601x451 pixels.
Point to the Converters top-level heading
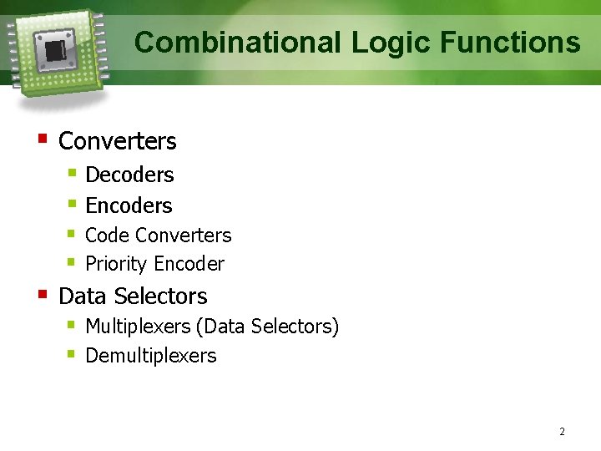pos(118,142)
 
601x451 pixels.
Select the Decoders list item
pos(129,175)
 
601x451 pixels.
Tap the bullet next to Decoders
pos(72,173)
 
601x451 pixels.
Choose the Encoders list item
pos(129,205)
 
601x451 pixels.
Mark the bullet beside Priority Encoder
pos(72,262)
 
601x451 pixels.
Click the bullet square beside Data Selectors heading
pos(42,293)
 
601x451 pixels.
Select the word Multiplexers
pos(135,327)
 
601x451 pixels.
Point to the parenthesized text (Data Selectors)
pos(265,327)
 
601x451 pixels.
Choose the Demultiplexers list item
pos(151,356)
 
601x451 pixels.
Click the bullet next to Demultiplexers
pos(72,353)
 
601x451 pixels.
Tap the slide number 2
pos(562,432)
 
